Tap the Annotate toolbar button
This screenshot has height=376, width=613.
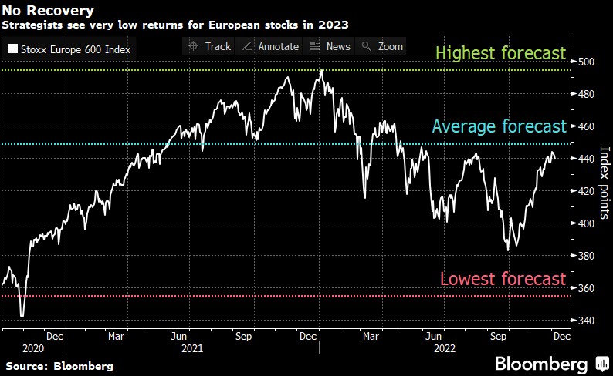(270, 46)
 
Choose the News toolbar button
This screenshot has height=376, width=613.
(330, 46)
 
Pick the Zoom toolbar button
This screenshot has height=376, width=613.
(382, 46)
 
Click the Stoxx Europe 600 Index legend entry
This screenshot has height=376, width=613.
(70, 50)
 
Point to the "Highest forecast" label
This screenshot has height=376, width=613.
(501, 55)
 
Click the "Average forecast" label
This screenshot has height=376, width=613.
(500, 126)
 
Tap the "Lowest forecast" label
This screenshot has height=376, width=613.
(503, 279)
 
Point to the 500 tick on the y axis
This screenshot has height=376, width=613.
(588, 62)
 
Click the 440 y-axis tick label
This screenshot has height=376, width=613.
(588, 159)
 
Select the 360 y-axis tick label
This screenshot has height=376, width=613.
(588, 288)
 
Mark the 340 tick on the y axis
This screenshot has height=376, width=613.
(588, 321)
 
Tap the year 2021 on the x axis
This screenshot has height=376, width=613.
(191, 348)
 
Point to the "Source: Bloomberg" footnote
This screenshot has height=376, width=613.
(58, 365)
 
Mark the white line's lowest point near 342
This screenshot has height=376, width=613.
(22, 316)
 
